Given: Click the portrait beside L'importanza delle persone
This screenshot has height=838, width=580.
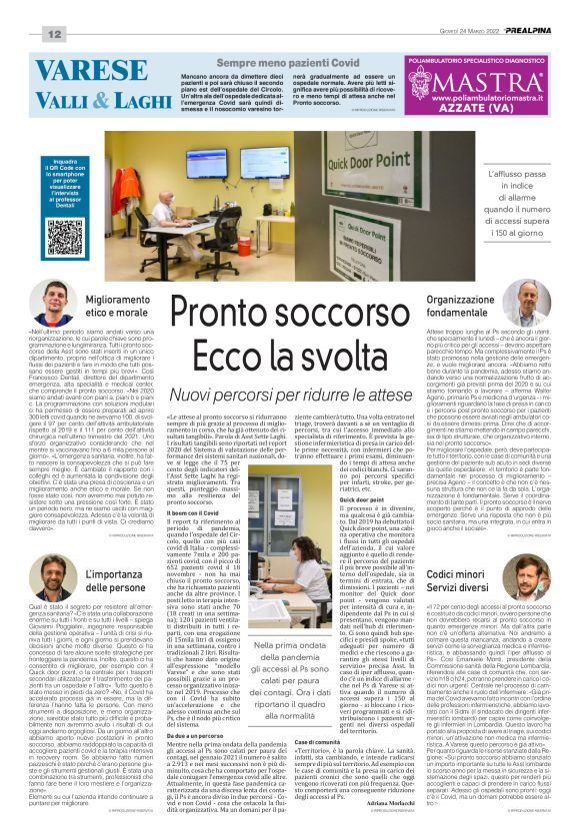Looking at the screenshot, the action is pyautogui.click(x=59, y=577).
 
